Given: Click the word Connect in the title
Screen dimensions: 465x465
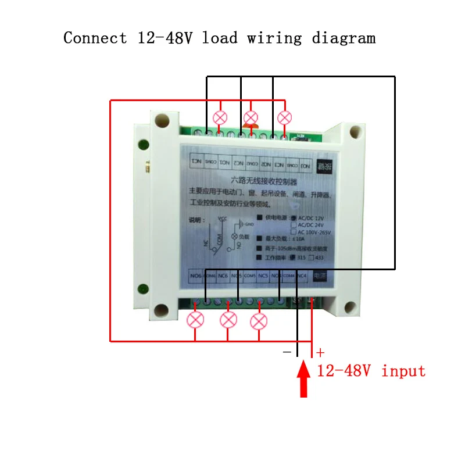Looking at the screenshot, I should pyautogui.click(x=95, y=38).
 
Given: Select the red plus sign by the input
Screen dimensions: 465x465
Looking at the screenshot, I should pyautogui.click(x=320, y=352).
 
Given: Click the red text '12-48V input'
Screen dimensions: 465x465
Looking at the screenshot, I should pyautogui.click(x=371, y=371).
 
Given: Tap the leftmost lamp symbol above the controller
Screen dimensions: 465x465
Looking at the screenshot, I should pyautogui.click(x=220, y=117).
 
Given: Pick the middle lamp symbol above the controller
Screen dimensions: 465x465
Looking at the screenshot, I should pyautogui.click(x=251, y=118).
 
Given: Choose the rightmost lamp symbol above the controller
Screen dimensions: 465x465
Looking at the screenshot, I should pyautogui.click(x=284, y=117).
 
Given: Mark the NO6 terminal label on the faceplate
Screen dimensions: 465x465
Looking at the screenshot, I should pyautogui.click(x=196, y=276).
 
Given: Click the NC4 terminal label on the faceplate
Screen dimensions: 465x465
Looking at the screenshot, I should pyautogui.click(x=301, y=276).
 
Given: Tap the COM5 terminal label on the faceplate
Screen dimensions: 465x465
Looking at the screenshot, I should pyautogui.click(x=249, y=276).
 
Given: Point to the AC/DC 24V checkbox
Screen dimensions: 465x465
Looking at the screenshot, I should pyautogui.click(x=293, y=224).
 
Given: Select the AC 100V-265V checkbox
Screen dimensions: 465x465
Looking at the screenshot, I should pyautogui.click(x=293, y=232).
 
